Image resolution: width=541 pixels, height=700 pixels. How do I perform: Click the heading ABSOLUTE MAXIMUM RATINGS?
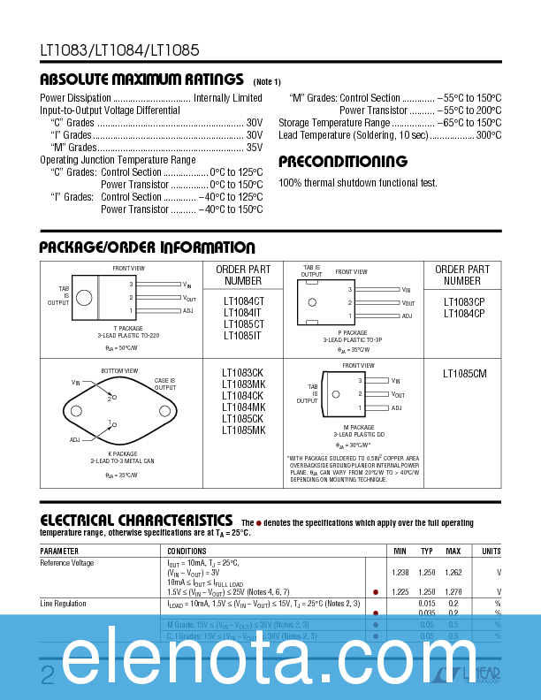coord(141,80)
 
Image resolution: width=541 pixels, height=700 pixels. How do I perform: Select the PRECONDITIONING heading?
coord(343,162)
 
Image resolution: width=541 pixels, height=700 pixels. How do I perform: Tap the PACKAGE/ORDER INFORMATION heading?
coord(148,247)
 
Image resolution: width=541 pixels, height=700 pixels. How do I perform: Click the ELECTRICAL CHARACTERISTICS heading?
coord(137,521)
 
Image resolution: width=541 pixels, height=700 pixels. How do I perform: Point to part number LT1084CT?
coord(243,301)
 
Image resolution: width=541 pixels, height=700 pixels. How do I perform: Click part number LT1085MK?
coord(243,430)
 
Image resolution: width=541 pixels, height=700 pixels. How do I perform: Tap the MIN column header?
coord(400,551)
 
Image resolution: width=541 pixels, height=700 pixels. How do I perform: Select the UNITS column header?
coord(491,551)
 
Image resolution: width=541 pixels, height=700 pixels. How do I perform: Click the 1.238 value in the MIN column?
coord(400,573)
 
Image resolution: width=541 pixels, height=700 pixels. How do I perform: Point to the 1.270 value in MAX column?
coord(453,592)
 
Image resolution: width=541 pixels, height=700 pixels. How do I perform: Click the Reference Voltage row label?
coord(67,563)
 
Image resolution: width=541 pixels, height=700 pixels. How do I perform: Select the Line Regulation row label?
coord(64,604)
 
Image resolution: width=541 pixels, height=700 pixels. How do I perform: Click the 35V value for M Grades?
coord(255,148)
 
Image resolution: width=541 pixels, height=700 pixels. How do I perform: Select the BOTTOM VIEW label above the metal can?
coord(119,370)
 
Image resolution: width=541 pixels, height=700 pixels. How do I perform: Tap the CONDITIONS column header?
coord(187,551)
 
